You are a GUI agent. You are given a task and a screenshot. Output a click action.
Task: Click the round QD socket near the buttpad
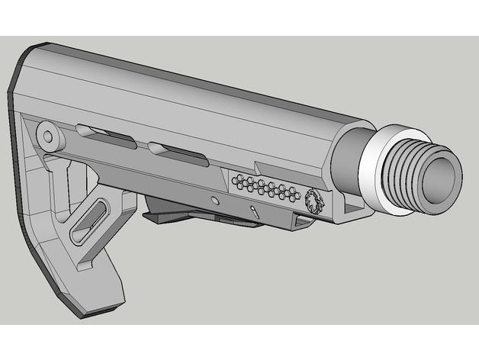coord(50,137)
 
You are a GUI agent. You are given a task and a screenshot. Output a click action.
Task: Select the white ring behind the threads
coord(376,162)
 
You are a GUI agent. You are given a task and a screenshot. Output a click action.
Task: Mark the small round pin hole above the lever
coord(215,200)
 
